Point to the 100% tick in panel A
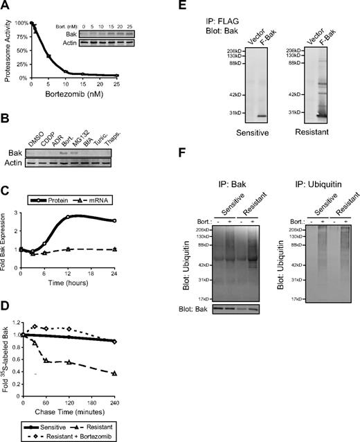tap(20, 23)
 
